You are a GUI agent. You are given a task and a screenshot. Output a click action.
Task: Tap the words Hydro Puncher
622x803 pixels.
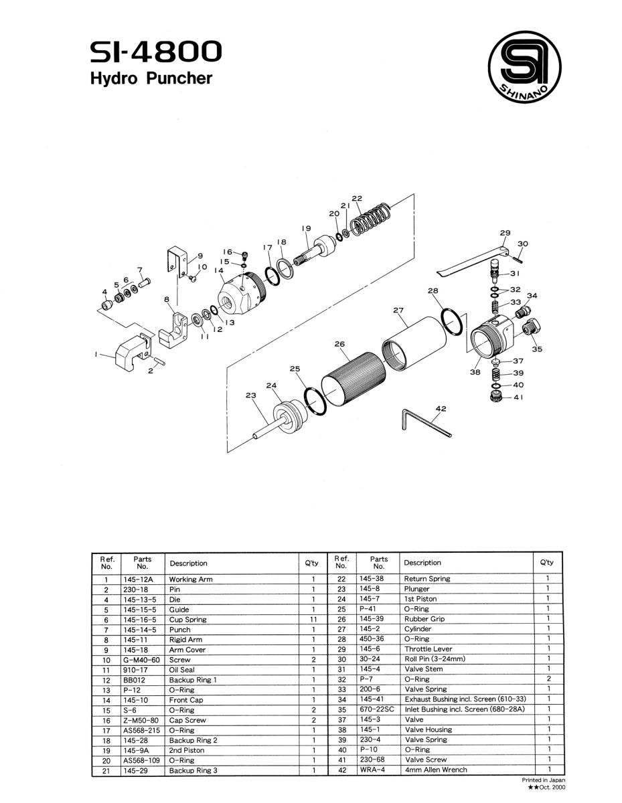[x=151, y=78]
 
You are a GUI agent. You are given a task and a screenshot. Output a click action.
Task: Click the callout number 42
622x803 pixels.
[x=440, y=408]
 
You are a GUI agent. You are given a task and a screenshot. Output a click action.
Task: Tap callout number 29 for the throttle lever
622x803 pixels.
[x=505, y=233]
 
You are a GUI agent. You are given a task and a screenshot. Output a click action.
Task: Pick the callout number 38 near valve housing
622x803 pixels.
[x=475, y=372]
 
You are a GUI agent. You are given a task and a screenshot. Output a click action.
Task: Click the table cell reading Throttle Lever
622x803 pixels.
[x=428, y=649]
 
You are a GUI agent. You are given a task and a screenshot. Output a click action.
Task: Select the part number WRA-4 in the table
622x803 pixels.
[x=372, y=770]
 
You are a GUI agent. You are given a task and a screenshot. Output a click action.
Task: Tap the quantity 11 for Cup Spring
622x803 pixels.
[x=313, y=620]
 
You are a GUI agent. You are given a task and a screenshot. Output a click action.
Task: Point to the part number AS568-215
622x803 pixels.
[x=141, y=730]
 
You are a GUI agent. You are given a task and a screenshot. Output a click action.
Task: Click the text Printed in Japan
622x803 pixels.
[x=543, y=780]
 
